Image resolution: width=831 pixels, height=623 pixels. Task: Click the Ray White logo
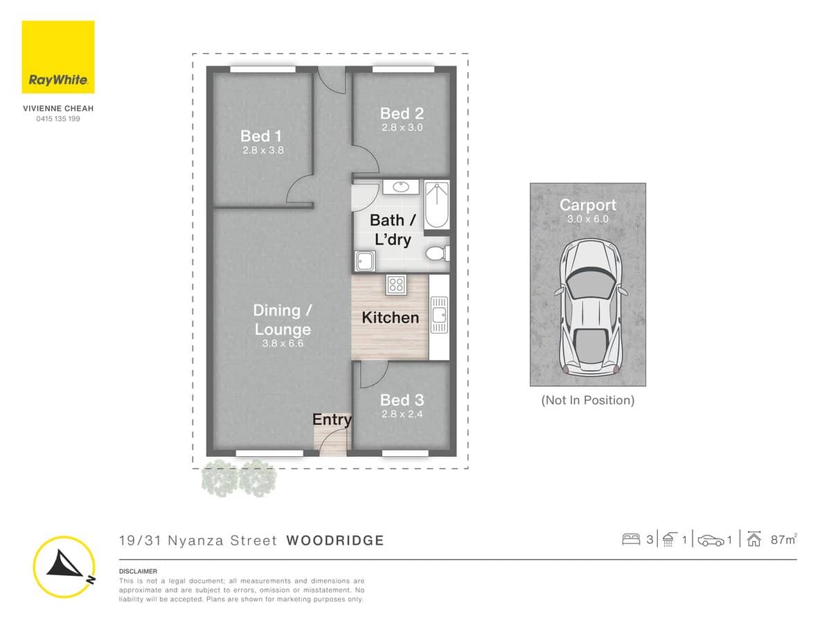point(58,57)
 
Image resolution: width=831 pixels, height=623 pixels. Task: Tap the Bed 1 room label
point(260,136)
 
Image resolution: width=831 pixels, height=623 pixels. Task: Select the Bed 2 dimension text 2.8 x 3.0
point(402,127)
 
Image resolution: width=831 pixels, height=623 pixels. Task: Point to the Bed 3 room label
point(402,400)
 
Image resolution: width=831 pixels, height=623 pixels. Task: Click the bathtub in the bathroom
point(436,204)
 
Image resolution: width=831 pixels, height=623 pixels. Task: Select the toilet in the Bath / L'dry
point(436,253)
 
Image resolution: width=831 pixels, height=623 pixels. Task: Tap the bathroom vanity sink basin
point(401,186)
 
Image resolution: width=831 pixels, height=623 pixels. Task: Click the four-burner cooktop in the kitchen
point(396,285)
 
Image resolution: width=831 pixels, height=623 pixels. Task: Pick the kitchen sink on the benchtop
point(438,316)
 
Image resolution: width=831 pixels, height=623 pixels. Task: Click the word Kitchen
point(390,318)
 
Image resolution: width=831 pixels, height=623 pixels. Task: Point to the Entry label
point(332,419)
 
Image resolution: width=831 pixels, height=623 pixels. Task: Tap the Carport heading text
point(587,205)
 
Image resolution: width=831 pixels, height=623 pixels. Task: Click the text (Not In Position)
point(587,400)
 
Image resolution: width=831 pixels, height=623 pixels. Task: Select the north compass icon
point(64,567)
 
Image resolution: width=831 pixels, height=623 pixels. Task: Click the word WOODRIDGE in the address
point(334,541)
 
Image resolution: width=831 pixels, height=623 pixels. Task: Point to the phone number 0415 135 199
point(58,119)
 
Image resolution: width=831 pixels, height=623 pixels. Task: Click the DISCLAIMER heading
point(138,571)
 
